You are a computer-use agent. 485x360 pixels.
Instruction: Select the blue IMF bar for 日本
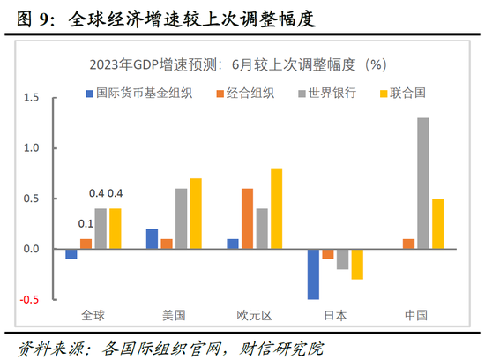coord(313,274)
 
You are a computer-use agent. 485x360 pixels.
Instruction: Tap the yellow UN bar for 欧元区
coord(277,208)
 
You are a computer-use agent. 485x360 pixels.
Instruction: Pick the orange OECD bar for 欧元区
coord(247,219)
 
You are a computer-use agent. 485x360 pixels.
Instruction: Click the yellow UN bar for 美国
coord(195,214)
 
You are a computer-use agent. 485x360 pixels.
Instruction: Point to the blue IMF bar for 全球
coord(71,254)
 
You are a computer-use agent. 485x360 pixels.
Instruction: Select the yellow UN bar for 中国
coord(438,224)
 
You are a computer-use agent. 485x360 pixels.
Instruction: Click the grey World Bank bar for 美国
coord(181,219)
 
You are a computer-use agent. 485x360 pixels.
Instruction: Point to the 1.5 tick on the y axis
coord(33,97)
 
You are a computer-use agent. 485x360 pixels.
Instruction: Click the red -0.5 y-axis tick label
coord(31,300)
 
